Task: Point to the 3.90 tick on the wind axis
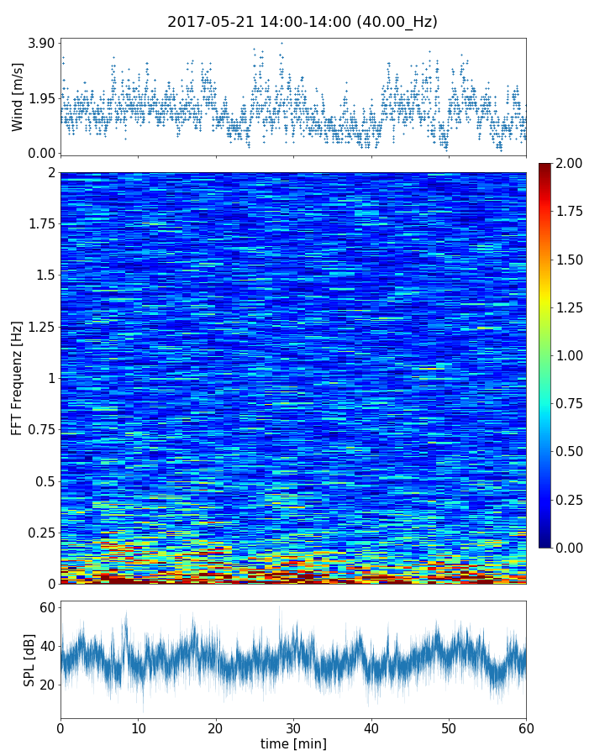point(40,43)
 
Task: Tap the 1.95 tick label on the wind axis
point(40,98)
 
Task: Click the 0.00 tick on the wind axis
point(40,153)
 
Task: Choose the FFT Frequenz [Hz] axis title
point(18,377)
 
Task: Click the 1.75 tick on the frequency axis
point(39,224)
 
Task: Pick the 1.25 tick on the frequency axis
point(39,327)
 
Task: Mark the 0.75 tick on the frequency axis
point(39,430)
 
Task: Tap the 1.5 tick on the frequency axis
point(44,276)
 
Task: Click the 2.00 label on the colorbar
point(571,163)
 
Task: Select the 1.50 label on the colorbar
point(571,259)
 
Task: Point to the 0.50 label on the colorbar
point(571,451)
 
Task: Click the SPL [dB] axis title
point(29,657)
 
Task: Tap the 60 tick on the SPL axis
point(47,607)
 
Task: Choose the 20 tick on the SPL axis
point(47,685)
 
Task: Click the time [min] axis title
point(293,743)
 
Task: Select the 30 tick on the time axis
point(293,727)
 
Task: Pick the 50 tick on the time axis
point(449,727)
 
